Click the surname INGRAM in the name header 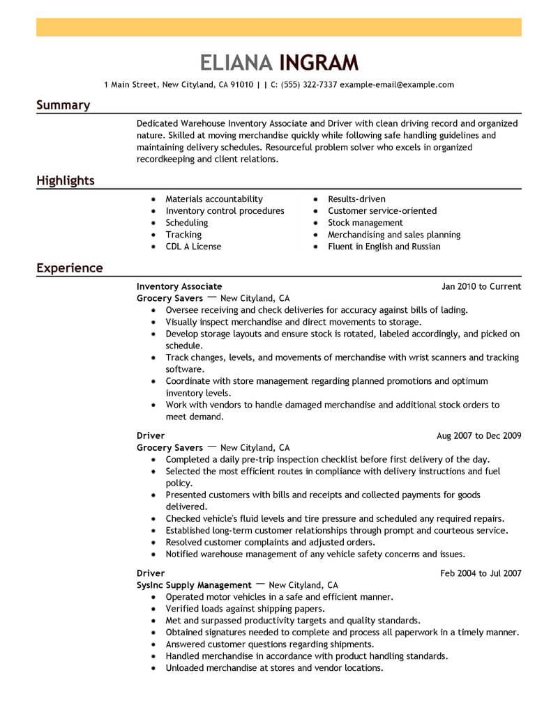click(x=319, y=63)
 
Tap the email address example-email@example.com click(x=397, y=85)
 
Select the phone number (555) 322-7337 click(x=309, y=85)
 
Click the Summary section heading click(x=63, y=105)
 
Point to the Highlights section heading click(x=65, y=181)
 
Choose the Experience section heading click(x=69, y=268)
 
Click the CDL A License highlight click(x=193, y=247)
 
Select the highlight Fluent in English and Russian click(x=384, y=247)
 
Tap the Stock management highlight click(x=365, y=223)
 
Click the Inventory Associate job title click(x=179, y=286)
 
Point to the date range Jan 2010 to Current click(x=481, y=286)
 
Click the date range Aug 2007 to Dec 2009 click(x=478, y=436)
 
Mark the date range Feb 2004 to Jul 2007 click(x=481, y=573)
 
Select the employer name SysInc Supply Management click(x=194, y=585)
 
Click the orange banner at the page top click(x=279, y=27)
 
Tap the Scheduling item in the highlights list click(x=187, y=223)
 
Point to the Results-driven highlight click(x=356, y=199)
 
